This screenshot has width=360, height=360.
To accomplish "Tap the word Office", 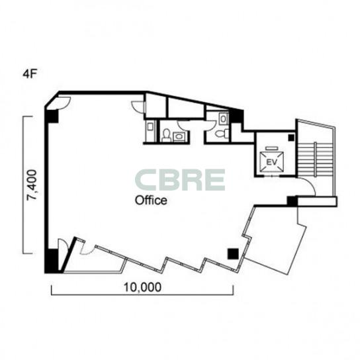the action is click(x=151, y=201).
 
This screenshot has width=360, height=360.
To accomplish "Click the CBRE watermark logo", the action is click(x=180, y=180).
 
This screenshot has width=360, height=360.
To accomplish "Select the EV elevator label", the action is click(x=272, y=162).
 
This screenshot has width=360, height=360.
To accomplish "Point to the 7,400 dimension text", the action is click(x=32, y=185).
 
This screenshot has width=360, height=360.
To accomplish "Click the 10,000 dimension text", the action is click(x=142, y=287).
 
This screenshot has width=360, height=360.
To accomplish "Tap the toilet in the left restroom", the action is click(x=166, y=135).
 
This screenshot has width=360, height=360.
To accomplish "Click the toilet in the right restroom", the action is click(x=222, y=133).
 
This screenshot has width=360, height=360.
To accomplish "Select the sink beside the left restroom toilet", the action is click(x=179, y=136).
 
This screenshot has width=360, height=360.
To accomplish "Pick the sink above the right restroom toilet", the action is click(x=223, y=119).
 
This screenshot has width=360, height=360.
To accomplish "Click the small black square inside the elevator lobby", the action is click(x=291, y=138).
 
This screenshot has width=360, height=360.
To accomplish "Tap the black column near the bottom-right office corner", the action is click(x=234, y=254).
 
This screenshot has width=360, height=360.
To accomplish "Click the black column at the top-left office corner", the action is click(x=52, y=116).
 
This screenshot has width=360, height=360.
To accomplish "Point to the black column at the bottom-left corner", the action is click(x=51, y=261).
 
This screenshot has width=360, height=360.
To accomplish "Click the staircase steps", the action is click(x=315, y=159).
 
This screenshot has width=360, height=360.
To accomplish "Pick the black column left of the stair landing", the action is click(x=292, y=201).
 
